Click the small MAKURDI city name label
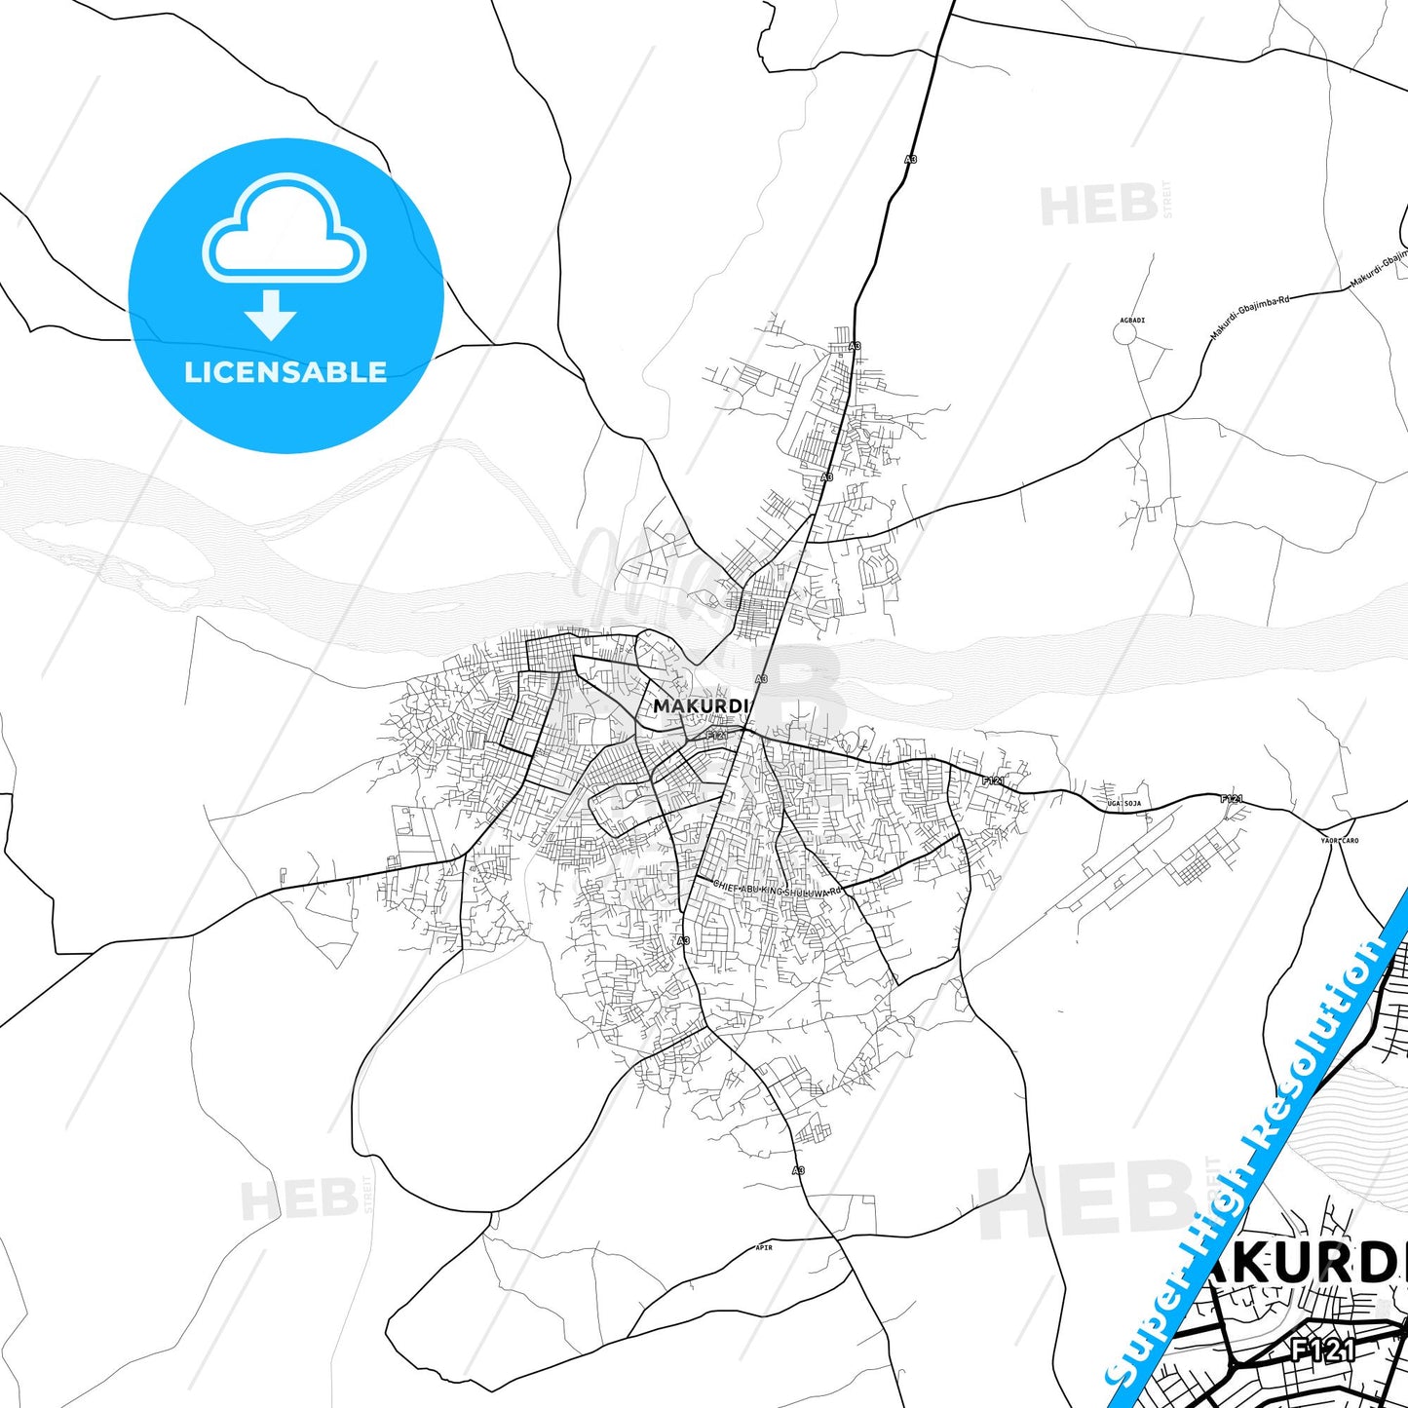[x=700, y=705]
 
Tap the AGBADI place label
[x=1131, y=321]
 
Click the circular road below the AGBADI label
[x=1125, y=334]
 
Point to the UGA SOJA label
[x=1123, y=804]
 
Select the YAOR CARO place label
[x=1339, y=840]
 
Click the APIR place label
[x=764, y=1247]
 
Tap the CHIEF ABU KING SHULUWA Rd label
[x=777, y=889]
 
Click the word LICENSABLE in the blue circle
[x=285, y=372]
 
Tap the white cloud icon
[x=284, y=229]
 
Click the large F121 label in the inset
[x=1322, y=1350]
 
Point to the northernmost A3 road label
[x=911, y=159]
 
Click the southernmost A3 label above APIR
[x=798, y=1170]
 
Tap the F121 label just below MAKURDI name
[x=717, y=735]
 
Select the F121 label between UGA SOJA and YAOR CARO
[x=1232, y=799]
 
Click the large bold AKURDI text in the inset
[x=1306, y=1265]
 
